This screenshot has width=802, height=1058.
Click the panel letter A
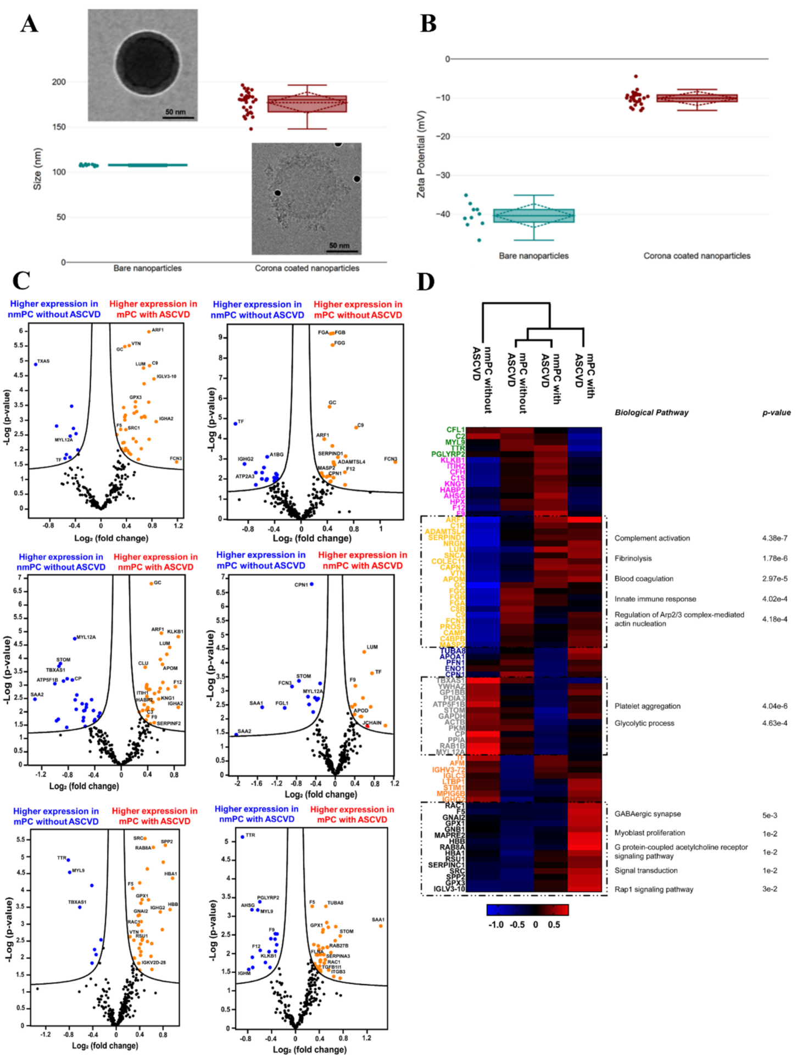pyautogui.click(x=29, y=24)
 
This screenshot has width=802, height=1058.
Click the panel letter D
pyautogui.click(x=426, y=281)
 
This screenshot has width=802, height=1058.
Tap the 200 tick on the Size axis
pyautogui.click(x=58, y=82)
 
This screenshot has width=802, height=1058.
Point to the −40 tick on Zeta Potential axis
pyautogui.click(x=442, y=214)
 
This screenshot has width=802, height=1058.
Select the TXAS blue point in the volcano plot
pyautogui.click(x=36, y=364)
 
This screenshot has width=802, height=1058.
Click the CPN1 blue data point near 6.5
pyautogui.click(x=311, y=584)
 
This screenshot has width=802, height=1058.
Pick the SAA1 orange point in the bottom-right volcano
pyautogui.click(x=381, y=926)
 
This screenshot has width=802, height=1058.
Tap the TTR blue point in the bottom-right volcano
pyautogui.click(x=242, y=837)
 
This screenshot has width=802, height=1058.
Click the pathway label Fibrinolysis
pyautogui.click(x=633, y=558)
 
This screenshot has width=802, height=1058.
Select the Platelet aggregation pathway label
pyautogui.click(x=647, y=706)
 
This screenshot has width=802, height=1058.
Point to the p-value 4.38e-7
pyautogui.click(x=774, y=538)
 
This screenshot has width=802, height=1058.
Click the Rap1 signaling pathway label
pyautogui.click(x=654, y=889)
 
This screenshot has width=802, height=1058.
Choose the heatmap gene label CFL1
pyautogui.click(x=455, y=430)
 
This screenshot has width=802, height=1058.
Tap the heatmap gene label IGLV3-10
pyautogui.click(x=449, y=888)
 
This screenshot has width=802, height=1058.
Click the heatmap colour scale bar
pyautogui.click(x=527, y=910)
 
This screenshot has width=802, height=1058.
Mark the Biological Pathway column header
pyautogui.click(x=651, y=412)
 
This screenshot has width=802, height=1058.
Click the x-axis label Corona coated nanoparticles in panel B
pyautogui.click(x=697, y=255)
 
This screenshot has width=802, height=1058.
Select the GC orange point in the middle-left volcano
pyautogui.click(x=151, y=583)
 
